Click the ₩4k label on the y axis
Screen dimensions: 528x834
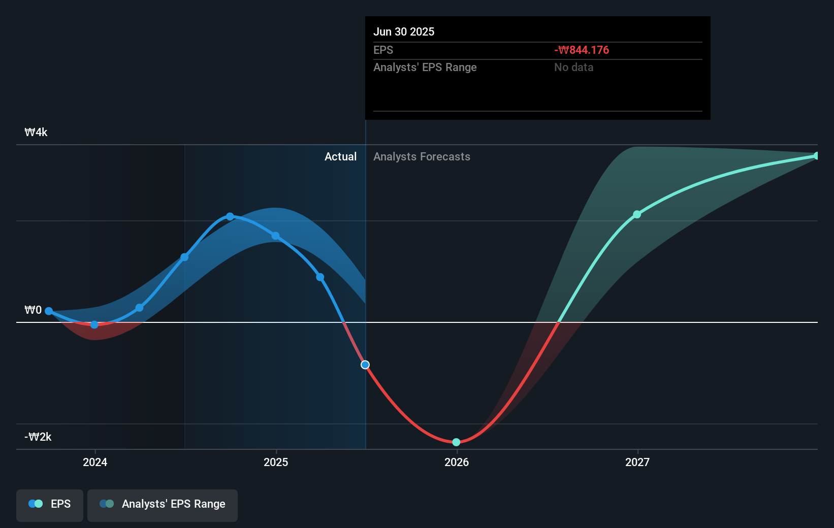pos(36,133)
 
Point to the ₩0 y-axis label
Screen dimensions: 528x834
pos(33,310)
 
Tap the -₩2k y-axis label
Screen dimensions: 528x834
pos(38,437)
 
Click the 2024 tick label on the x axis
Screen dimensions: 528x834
pos(95,462)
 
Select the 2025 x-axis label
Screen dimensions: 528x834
pos(276,462)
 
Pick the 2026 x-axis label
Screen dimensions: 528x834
pos(457,462)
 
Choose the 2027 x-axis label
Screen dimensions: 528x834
pos(637,462)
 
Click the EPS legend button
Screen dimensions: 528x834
pos(50,504)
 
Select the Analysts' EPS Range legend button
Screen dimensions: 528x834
pos(163,504)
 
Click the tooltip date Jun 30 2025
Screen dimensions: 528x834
pos(404,31)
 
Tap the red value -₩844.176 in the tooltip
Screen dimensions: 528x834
pos(582,50)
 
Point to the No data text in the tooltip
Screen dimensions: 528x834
pos(573,68)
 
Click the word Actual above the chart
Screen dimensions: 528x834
pos(340,157)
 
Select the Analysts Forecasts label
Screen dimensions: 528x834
pos(422,157)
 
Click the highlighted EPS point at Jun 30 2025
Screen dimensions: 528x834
pos(365,365)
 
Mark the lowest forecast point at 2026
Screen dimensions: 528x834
pos(456,442)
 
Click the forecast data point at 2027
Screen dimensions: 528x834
pos(637,215)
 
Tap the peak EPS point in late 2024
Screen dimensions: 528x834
pos(230,217)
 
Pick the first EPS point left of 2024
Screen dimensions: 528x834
pos(49,311)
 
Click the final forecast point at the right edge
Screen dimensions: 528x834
pos(816,156)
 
